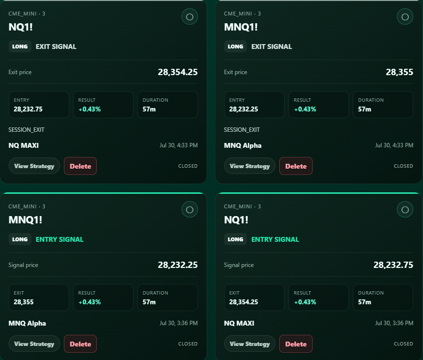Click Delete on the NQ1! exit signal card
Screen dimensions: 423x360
(80, 166)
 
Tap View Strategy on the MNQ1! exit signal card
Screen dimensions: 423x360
(250, 166)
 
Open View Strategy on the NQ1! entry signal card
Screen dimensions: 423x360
(250, 344)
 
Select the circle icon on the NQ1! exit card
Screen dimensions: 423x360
(190, 17)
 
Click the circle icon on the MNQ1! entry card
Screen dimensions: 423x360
(190, 210)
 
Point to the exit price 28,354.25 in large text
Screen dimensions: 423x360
(178, 72)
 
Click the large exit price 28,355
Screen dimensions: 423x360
(399, 72)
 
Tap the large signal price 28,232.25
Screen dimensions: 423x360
(178, 265)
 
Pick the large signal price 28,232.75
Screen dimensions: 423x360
(393, 265)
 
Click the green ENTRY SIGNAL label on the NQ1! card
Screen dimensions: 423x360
(275, 239)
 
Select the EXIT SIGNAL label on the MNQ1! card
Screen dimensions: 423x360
(272, 47)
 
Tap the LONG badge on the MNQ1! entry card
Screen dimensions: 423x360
(20, 239)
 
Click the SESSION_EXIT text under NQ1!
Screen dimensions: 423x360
(26, 130)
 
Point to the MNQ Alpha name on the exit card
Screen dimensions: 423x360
(242, 145)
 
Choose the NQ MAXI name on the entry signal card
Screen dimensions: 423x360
(239, 323)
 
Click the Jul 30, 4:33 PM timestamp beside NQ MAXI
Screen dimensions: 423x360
(179, 145)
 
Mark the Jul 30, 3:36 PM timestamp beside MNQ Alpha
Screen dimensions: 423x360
(179, 323)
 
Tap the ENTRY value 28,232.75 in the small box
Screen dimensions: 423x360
(28, 109)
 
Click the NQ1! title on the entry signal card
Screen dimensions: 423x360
(236, 220)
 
